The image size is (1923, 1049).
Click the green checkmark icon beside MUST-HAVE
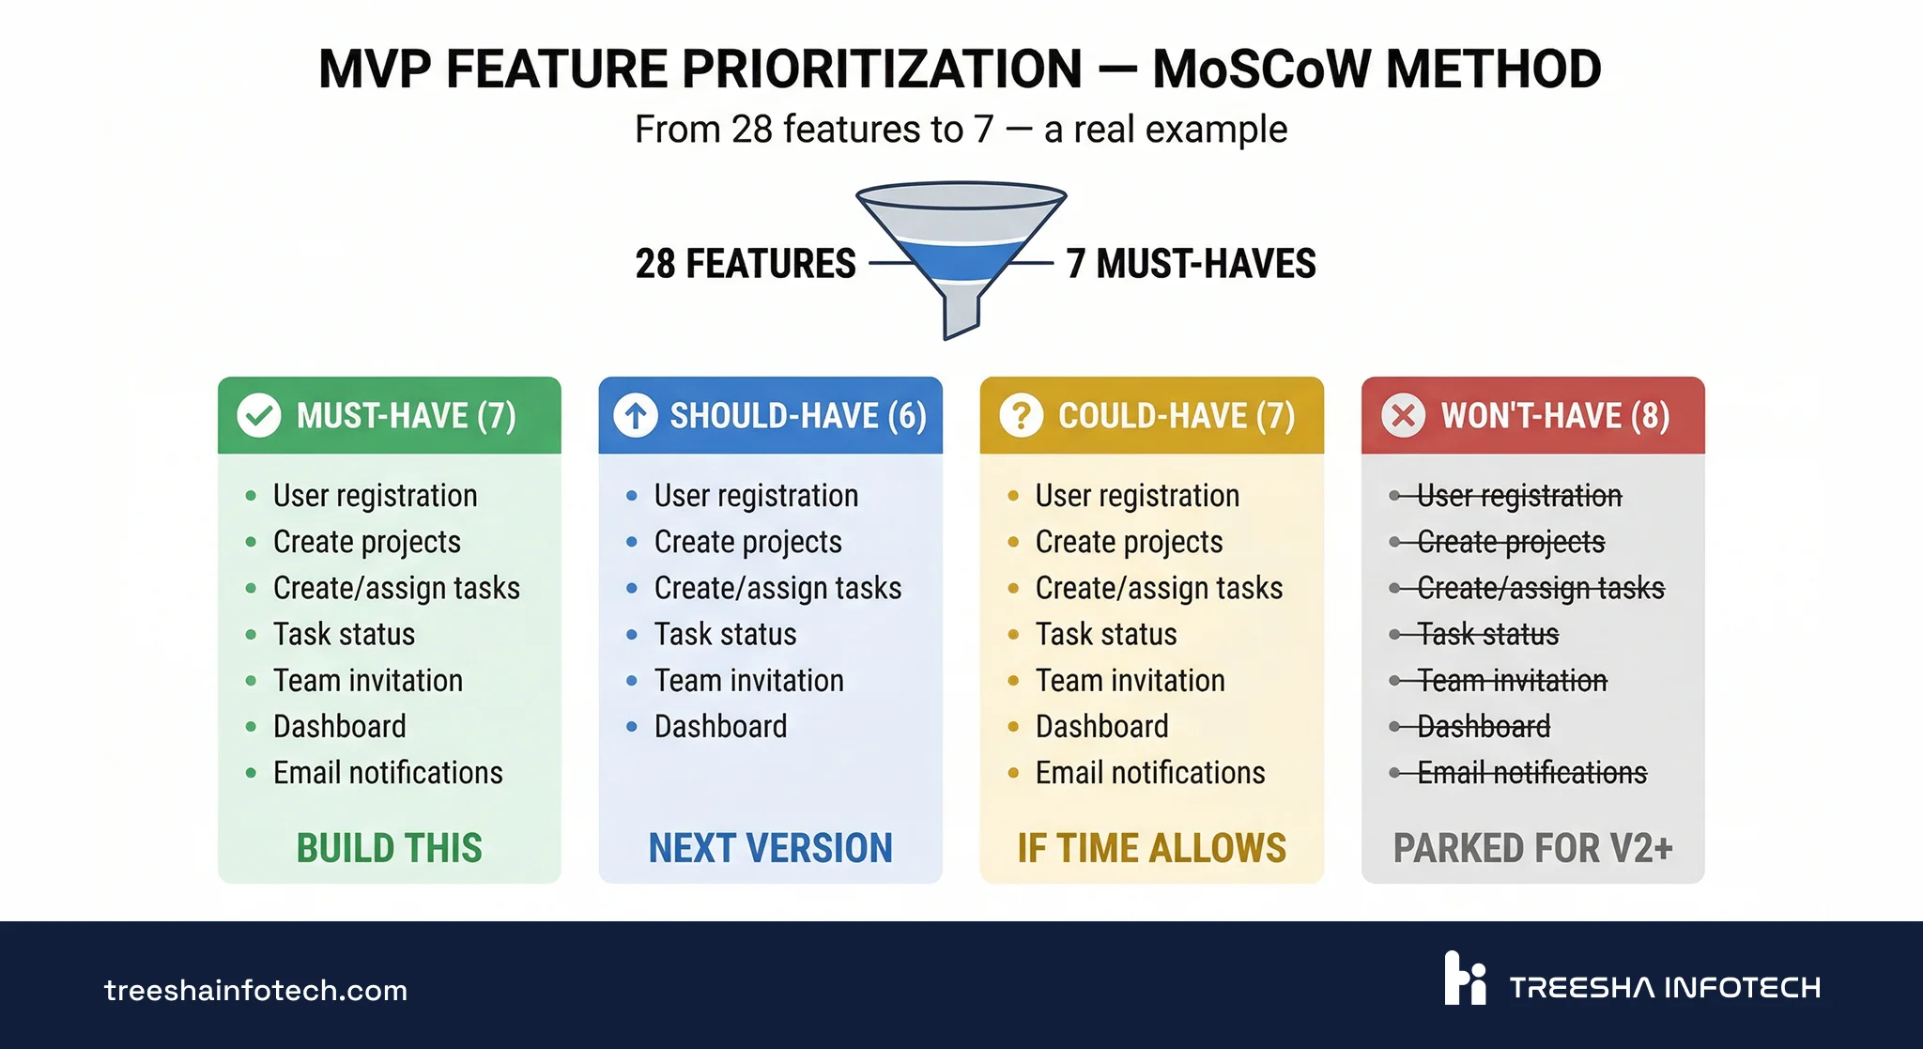tap(259, 415)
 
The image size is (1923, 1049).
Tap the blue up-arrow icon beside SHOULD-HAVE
tap(636, 415)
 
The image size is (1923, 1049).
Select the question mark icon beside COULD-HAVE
tap(1022, 415)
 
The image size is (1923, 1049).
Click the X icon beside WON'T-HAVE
tap(1403, 415)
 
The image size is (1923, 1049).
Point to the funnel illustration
tap(961, 254)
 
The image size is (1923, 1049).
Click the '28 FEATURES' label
tap(746, 264)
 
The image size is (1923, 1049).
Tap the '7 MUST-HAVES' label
tap(1191, 264)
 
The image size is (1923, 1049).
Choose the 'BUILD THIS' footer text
tap(389, 848)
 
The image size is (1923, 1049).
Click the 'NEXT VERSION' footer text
tap(770, 848)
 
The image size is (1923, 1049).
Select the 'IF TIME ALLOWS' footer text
tap(1151, 848)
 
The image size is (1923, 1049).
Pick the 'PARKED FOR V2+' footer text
tap(1532, 848)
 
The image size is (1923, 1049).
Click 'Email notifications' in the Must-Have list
tap(388, 773)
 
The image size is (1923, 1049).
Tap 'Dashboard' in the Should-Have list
tap(720, 727)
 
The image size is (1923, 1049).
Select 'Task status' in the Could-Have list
tap(1106, 635)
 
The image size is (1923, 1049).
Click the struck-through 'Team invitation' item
tap(1512, 681)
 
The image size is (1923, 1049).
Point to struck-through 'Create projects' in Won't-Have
tap(1511, 542)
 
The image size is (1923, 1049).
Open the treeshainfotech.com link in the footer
tap(255, 990)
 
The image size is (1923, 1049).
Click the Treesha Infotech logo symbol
tap(1465, 979)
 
